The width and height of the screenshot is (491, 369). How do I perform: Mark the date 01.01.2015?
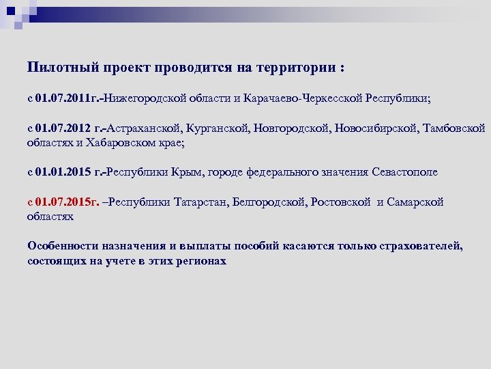63,172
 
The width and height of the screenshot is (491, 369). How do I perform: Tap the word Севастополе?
405,172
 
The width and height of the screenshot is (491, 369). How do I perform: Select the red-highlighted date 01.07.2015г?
67,202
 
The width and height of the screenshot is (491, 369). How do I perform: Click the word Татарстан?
201,202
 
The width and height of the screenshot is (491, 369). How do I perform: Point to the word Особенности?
63,246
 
